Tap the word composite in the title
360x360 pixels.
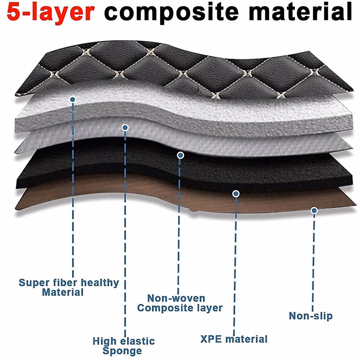point(171,13)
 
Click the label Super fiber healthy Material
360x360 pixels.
point(68,287)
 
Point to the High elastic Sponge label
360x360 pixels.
point(123,346)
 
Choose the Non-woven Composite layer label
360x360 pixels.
point(179,303)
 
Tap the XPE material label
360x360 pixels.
point(234,339)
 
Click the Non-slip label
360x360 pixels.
point(310,316)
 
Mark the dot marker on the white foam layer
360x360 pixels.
point(72,99)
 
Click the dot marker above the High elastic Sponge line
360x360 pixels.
point(125,128)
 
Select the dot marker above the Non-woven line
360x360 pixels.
point(180,155)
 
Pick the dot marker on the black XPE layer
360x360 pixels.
point(236,194)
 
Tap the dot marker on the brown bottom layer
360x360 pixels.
point(314,211)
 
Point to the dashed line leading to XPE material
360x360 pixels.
point(235,264)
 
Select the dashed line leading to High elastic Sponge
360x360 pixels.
point(125,234)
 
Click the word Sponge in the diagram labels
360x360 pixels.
point(122,351)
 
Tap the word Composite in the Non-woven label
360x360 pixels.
point(164,308)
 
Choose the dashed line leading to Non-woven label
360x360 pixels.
point(179,225)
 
